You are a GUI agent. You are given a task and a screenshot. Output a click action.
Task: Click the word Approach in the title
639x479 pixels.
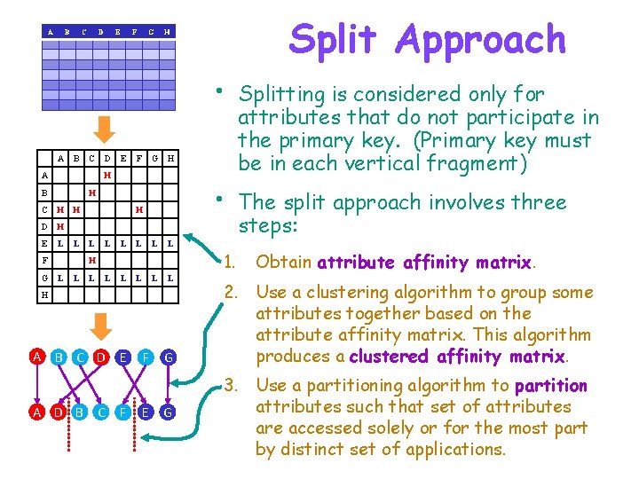pos(482,41)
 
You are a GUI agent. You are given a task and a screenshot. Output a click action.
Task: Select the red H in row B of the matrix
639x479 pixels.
pos(91,192)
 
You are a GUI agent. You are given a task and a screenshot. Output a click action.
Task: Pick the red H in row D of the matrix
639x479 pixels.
pos(59,225)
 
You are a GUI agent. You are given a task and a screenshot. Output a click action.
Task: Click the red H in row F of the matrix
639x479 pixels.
pos(91,259)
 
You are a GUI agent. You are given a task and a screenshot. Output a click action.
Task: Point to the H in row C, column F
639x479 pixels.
pos(138,209)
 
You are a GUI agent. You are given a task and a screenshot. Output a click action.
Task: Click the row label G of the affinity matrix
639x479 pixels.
pos(43,277)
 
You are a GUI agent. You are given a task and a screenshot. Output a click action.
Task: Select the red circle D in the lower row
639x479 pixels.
pos(56,412)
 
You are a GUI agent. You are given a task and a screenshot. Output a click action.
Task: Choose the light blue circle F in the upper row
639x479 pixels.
pos(145,357)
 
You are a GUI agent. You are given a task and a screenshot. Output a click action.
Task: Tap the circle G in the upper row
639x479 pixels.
pos(167,357)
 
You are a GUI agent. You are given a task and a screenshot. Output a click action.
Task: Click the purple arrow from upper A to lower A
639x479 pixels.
pos(35,384)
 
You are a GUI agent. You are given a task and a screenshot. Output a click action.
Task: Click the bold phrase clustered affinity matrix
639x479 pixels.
pos(457,357)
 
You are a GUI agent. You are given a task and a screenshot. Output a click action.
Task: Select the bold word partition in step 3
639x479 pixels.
pos(550,386)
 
